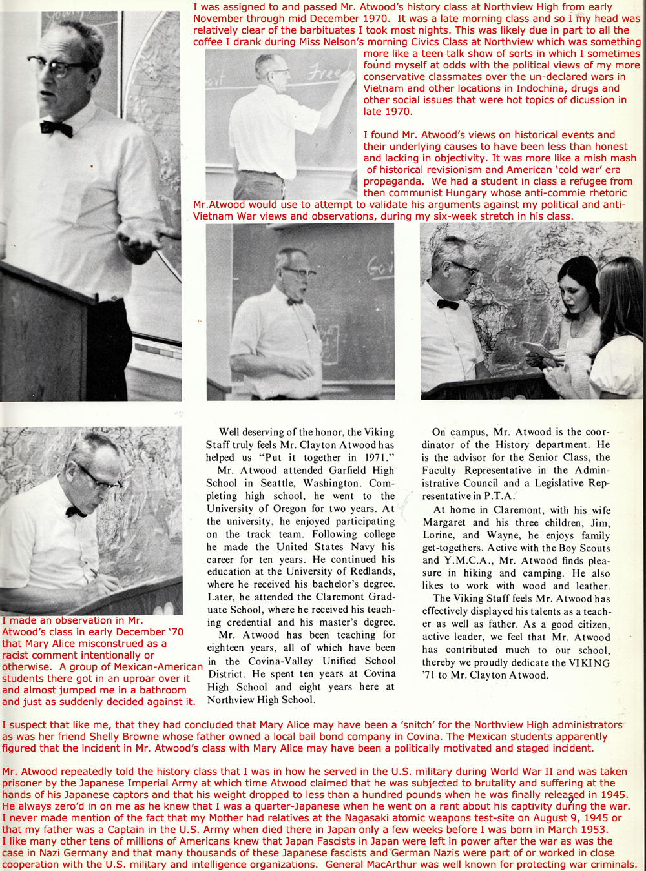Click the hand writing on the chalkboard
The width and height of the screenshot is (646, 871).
(x=349, y=78)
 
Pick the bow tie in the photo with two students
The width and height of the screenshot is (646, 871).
(x=447, y=303)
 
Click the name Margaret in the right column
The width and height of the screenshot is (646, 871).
(x=444, y=522)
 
